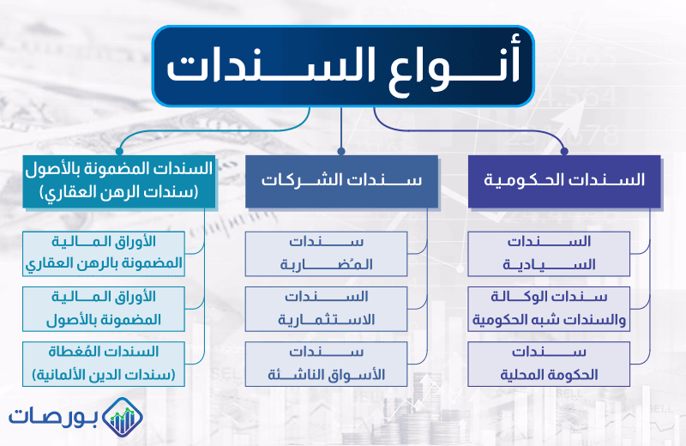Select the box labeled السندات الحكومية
(x=564, y=181)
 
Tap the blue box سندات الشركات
(x=341, y=181)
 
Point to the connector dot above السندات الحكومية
(x=564, y=151)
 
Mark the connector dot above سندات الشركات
(x=341, y=151)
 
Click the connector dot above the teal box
(x=119, y=151)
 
